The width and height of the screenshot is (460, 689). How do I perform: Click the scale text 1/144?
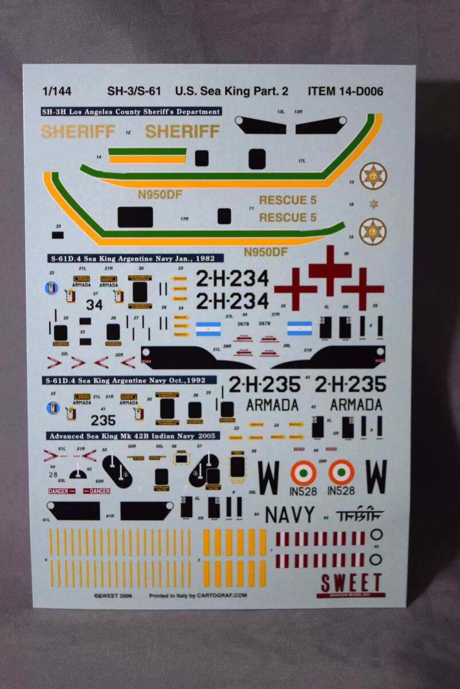[x=56, y=91]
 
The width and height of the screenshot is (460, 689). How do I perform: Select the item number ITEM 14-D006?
[x=345, y=91]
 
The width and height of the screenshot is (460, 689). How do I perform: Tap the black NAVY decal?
[x=289, y=514]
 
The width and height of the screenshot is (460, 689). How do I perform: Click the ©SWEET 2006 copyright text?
[x=113, y=595]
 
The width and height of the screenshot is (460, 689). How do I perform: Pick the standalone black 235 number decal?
[x=103, y=420]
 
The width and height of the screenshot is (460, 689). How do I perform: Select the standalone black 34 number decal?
[x=94, y=305]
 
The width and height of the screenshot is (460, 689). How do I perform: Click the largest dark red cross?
[x=330, y=269]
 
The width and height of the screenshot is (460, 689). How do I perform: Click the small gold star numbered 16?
[x=373, y=204]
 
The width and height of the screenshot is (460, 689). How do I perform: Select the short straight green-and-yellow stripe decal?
[x=147, y=155]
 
